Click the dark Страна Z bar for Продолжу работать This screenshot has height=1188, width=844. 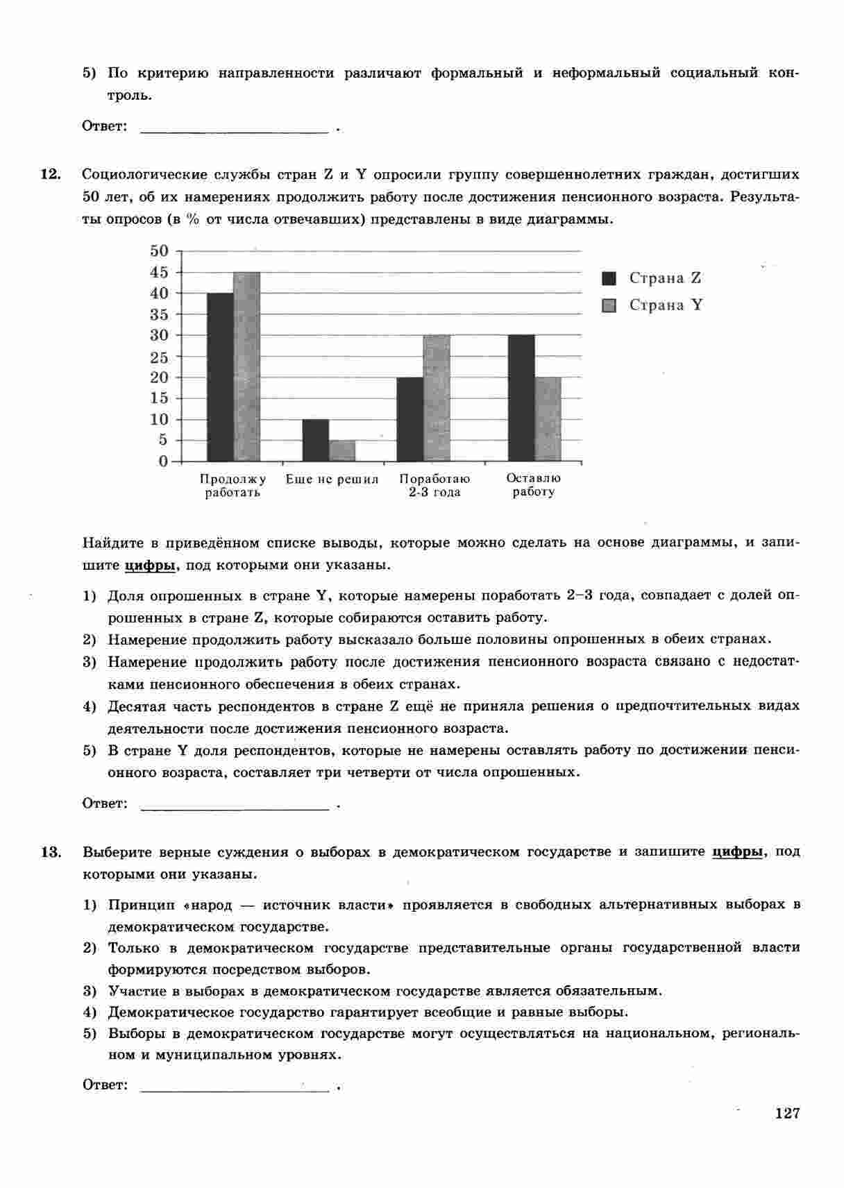click(x=220, y=377)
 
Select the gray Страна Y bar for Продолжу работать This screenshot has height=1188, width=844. click(x=246, y=366)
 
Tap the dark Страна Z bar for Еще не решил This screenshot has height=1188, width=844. click(x=316, y=440)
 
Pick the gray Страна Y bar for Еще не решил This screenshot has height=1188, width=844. click(x=341, y=450)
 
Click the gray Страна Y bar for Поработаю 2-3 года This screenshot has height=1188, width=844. click(x=437, y=398)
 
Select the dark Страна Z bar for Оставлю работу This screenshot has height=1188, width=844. click(x=521, y=398)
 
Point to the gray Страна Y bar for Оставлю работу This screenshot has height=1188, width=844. click(x=548, y=419)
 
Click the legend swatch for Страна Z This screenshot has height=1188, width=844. click(x=609, y=278)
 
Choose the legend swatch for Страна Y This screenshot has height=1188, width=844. click(x=609, y=305)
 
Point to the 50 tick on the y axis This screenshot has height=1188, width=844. click(x=159, y=251)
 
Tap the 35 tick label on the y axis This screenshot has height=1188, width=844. click(x=159, y=314)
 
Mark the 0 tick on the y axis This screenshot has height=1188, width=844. click(x=163, y=461)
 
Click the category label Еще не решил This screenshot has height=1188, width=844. click(x=332, y=479)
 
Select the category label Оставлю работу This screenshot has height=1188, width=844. click(x=533, y=485)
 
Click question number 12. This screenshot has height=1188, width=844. click(x=51, y=174)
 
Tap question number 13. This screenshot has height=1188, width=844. click(x=51, y=851)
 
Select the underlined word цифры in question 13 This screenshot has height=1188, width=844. click(x=738, y=851)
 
